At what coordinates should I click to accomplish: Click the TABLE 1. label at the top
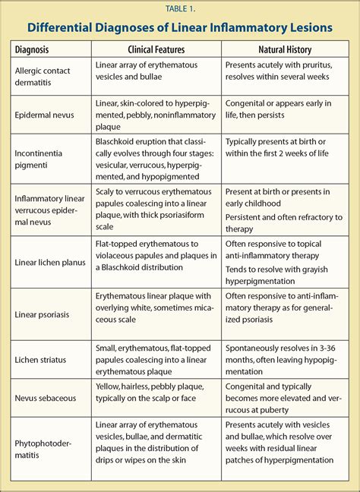180,8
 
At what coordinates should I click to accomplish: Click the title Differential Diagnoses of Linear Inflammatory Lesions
180,28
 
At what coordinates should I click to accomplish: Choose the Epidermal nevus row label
45,115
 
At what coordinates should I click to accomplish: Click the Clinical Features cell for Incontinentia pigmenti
155,159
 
